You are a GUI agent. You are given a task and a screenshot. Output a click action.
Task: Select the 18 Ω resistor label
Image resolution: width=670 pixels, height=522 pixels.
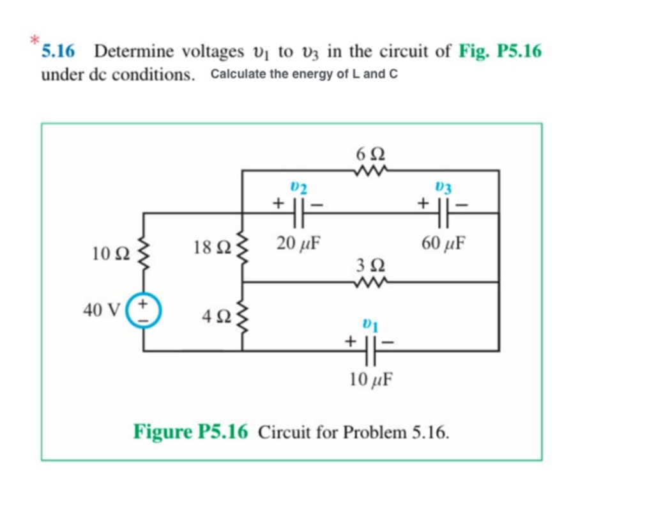coord(211,247)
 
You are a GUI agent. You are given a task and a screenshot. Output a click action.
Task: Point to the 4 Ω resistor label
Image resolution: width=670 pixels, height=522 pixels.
coord(215,316)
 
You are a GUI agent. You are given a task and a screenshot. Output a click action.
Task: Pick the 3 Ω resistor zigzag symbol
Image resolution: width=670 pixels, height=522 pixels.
coord(369,281)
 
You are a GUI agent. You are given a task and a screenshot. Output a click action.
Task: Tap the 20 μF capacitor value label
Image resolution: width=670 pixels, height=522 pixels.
coord(298,243)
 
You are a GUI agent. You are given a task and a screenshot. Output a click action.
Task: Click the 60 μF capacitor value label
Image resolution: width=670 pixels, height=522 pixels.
coord(444,243)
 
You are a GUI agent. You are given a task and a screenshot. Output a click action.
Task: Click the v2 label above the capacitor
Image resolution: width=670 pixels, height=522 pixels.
coord(298,187)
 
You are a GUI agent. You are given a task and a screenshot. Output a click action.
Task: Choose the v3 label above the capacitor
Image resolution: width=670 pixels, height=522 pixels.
coord(443,187)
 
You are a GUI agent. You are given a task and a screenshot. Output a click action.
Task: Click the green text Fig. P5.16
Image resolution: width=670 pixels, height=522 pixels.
coord(499,51)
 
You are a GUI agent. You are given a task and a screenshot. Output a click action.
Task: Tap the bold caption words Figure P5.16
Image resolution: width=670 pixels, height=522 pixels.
coord(190,432)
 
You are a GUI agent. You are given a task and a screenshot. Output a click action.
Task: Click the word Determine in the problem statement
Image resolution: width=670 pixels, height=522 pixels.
coord(136,51)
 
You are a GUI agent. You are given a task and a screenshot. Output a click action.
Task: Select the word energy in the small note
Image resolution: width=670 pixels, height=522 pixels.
coord(311,74)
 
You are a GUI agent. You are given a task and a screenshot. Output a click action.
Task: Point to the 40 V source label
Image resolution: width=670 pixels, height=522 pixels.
coord(101,311)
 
